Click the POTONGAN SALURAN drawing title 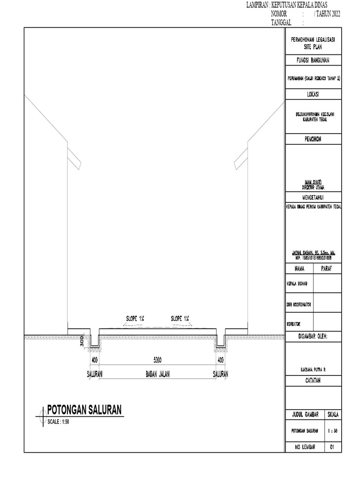[x=84, y=410]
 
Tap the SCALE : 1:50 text [x=59, y=421]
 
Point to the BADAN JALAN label [x=157, y=374]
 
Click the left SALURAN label [x=94, y=374]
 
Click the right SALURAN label [x=220, y=374]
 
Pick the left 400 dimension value [x=94, y=360]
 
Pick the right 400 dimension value [x=220, y=360]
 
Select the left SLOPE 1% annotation [x=135, y=319]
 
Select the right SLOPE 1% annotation [x=180, y=319]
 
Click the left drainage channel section [x=94, y=341]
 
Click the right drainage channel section [x=220, y=341]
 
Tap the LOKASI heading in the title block [x=313, y=94]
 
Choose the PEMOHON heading [x=313, y=139]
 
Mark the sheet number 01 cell [x=332, y=447]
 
